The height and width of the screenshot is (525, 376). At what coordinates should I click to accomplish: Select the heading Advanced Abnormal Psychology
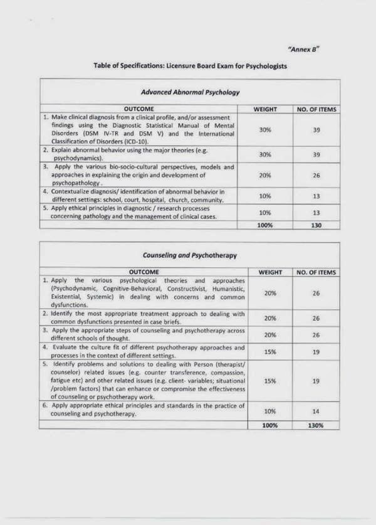190,92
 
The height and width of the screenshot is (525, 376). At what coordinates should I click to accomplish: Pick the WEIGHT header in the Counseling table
270,272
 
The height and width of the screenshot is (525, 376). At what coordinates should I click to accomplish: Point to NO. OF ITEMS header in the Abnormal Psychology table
316,109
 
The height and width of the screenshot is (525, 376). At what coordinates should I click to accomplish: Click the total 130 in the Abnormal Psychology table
316,225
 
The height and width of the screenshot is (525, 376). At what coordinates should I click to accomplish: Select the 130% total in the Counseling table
316,425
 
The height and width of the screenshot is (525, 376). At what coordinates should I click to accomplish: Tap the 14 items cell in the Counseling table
316,411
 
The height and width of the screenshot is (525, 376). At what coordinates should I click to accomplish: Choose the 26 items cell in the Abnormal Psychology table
316,176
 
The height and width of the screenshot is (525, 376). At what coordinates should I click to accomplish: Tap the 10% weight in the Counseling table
270,411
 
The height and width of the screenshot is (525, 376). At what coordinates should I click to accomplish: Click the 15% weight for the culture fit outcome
270,352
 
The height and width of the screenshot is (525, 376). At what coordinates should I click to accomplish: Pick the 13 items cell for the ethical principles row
316,212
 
